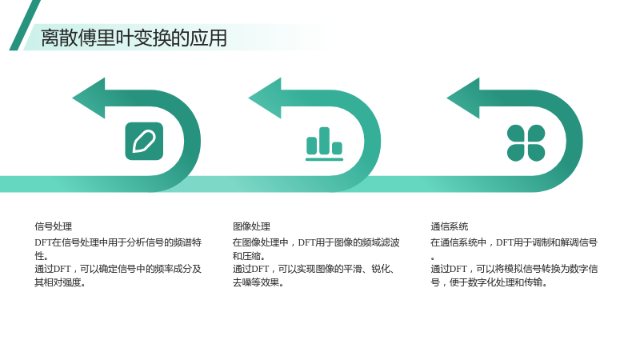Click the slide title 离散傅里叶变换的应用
pyautogui.click(x=134, y=38)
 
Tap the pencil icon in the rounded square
pyautogui.click(x=144, y=142)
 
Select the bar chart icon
pyautogui.click(x=325, y=144)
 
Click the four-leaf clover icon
pyautogui.click(x=526, y=142)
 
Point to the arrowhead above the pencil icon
pyautogui.click(x=89, y=98)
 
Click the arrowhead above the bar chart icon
pyautogui.click(x=265, y=98)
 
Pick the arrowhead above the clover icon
pyautogui.click(x=463, y=98)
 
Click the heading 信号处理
pyautogui.click(x=54, y=226)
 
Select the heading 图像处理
pyautogui.click(x=251, y=226)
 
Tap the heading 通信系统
pyautogui.click(x=450, y=226)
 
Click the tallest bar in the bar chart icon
pyautogui.click(x=325, y=141)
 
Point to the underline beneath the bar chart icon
pyautogui.click(x=325, y=159)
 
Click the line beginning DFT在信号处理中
pyautogui.click(x=118, y=242)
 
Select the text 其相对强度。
pyautogui.click(x=60, y=282)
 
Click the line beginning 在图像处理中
pyautogui.click(x=316, y=242)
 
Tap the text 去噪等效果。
pyautogui.click(x=258, y=282)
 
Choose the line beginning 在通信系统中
pyautogui.click(x=514, y=242)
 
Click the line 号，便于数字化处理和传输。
pyautogui.click(x=489, y=282)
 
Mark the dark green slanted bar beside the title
pyautogui.click(x=25, y=26)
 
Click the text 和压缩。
pyautogui.click(x=249, y=256)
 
